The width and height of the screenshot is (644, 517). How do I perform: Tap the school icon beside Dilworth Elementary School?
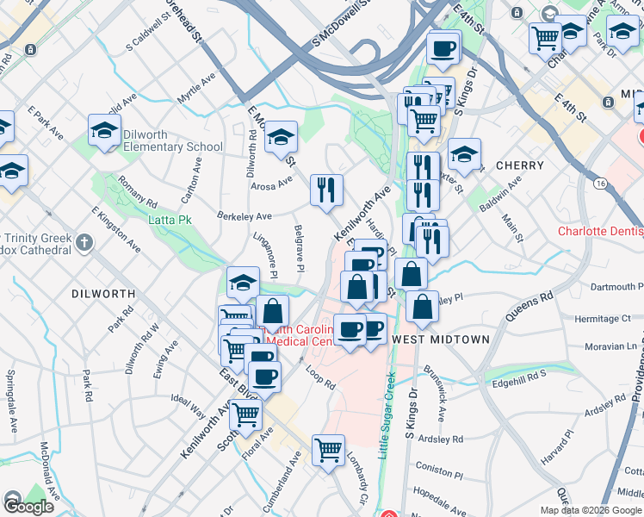[x=104, y=132]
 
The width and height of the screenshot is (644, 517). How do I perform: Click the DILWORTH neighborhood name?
[x=103, y=294]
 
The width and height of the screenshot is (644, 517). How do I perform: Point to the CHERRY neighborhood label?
[x=520, y=165]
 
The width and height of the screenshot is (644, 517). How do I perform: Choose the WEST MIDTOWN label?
[x=441, y=340]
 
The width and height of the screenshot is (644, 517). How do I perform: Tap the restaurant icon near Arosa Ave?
[x=325, y=190]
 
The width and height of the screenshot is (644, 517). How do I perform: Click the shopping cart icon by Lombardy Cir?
[x=328, y=449]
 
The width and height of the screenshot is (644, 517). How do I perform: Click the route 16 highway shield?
[x=600, y=184]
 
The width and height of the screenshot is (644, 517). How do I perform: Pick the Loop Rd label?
[x=319, y=377]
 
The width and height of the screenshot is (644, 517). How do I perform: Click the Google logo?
[x=28, y=508]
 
